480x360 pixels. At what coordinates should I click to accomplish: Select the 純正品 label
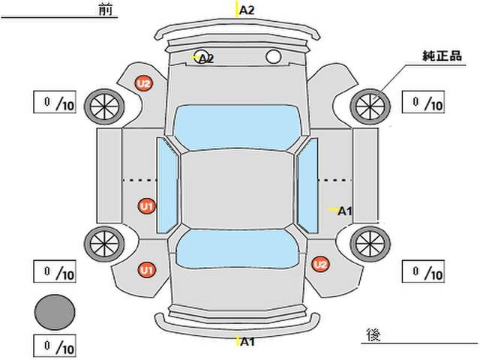pos(440,56)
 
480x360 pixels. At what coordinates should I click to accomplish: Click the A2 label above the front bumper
pos(247,10)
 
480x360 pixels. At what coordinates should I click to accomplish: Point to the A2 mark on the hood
pos(205,58)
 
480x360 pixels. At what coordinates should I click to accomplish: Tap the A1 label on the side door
pos(345,211)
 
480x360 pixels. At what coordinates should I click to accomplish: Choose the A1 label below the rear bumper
pos(247,342)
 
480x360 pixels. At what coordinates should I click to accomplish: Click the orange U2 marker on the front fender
pos(143,84)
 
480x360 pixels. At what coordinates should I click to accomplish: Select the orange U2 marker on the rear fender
pos(320,263)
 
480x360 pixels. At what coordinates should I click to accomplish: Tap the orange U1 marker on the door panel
pos(146,205)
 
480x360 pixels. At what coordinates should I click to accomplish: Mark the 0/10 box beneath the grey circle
pos(55,347)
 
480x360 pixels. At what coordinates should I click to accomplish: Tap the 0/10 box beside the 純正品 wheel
pos(424,101)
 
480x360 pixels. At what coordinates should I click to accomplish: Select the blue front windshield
pos(236,121)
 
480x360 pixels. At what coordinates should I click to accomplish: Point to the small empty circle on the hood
pos(273,56)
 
